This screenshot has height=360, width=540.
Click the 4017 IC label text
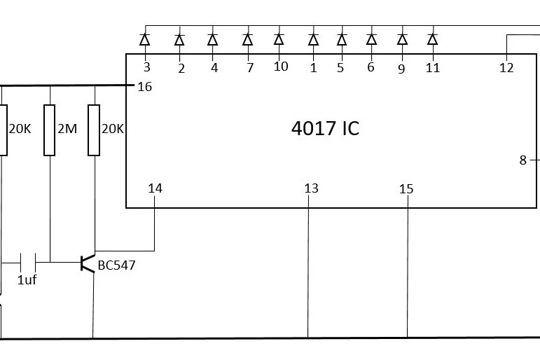click(325, 129)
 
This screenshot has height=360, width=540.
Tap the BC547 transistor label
click(117, 265)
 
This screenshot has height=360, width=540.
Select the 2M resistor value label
click(67, 130)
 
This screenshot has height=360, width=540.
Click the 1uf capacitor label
click(27, 280)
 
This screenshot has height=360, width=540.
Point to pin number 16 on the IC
click(145, 87)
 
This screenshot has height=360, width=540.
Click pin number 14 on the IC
click(155, 188)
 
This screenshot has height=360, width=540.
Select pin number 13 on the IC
click(311, 188)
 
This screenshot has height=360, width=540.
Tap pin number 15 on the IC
click(406, 189)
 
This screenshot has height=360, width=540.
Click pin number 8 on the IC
click(522, 160)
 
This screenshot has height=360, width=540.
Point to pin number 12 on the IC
click(506, 68)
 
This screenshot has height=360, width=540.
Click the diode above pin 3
click(146, 40)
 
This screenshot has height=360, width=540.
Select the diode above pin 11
click(432, 40)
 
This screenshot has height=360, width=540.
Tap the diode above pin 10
click(279, 40)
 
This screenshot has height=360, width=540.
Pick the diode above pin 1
click(313, 40)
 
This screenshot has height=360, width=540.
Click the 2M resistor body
click(50, 130)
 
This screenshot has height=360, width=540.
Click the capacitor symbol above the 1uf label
click(28, 263)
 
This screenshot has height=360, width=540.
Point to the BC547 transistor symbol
click(87, 263)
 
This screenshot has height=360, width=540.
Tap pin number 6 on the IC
click(371, 67)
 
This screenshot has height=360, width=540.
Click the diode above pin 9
click(402, 40)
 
